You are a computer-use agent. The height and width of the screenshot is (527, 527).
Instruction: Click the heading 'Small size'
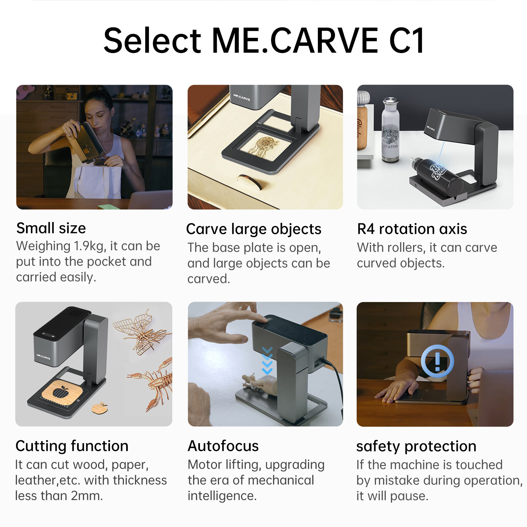pyautogui.click(x=51, y=228)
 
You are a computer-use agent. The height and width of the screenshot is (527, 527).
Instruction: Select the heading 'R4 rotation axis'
pyautogui.click(x=412, y=229)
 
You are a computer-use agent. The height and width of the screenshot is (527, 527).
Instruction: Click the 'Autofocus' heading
pyautogui.click(x=223, y=446)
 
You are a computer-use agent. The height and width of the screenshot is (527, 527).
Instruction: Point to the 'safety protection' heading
pyautogui.click(x=416, y=446)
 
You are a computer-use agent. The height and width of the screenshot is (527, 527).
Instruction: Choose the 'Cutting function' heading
pyautogui.click(x=72, y=446)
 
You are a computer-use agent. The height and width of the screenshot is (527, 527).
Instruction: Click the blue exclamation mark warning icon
pyautogui.click(x=437, y=361)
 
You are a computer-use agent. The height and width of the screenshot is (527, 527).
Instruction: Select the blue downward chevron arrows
pyautogui.click(x=267, y=361)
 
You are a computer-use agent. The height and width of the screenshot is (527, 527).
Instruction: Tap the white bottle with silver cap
pyautogui.click(x=390, y=130)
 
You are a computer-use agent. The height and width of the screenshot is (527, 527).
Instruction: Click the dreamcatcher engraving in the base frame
pyautogui.click(x=263, y=146)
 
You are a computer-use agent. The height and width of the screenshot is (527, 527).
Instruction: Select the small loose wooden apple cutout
pyautogui.click(x=100, y=408)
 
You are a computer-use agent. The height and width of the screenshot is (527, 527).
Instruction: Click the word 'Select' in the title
pyautogui.click(x=152, y=41)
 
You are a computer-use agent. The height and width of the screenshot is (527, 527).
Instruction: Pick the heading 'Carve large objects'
pyautogui.click(x=254, y=229)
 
